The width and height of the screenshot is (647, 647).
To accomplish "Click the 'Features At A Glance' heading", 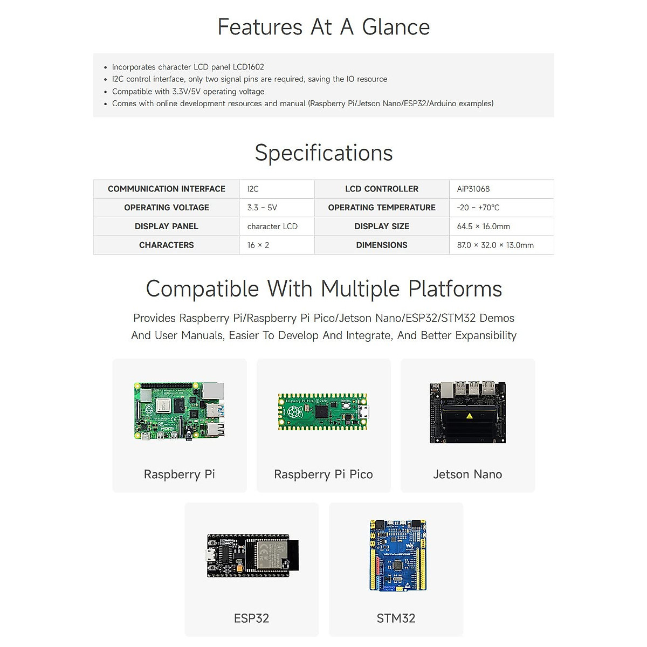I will pyautogui.click(x=323, y=27).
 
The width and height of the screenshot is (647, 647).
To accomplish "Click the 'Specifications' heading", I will pyautogui.click(x=323, y=153).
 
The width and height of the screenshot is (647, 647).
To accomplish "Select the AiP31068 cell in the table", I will pyautogui.click(x=473, y=189).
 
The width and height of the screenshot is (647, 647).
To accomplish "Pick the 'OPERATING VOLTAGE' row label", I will pyautogui.click(x=167, y=208).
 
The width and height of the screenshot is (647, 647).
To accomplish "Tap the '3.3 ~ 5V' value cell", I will pyautogui.click(x=262, y=208).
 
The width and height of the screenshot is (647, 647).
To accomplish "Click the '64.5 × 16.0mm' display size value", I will pyautogui.click(x=484, y=226).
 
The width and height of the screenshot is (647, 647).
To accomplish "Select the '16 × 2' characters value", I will pyautogui.click(x=258, y=245).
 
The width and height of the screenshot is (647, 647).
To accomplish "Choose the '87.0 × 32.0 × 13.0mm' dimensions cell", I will pyautogui.click(x=495, y=245).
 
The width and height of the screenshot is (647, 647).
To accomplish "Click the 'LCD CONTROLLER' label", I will pyautogui.click(x=382, y=189).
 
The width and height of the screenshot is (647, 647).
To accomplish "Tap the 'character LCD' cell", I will pyautogui.click(x=272, y=226).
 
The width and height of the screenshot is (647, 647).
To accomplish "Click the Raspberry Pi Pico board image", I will pyautogui.click(x=323, y=412).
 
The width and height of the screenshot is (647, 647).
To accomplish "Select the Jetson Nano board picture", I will pyautogui.click(x=467, y=412).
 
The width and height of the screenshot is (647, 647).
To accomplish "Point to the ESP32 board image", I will pyautogui.click(x=252, y=556).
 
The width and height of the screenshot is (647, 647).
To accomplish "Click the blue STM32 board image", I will pyautogui.click(x=397, y=555).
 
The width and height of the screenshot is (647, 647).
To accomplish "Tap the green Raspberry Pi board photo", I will pyautogui.click(x=179, y=411).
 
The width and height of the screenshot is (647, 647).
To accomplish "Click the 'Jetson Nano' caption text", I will pyautogui.click(x=467, y=474).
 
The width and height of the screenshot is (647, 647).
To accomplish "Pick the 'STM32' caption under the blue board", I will pyautogui.click(x=396, y=618).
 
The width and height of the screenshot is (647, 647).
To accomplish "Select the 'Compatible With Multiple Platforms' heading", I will pyautogui.click(x=323, y=289).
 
